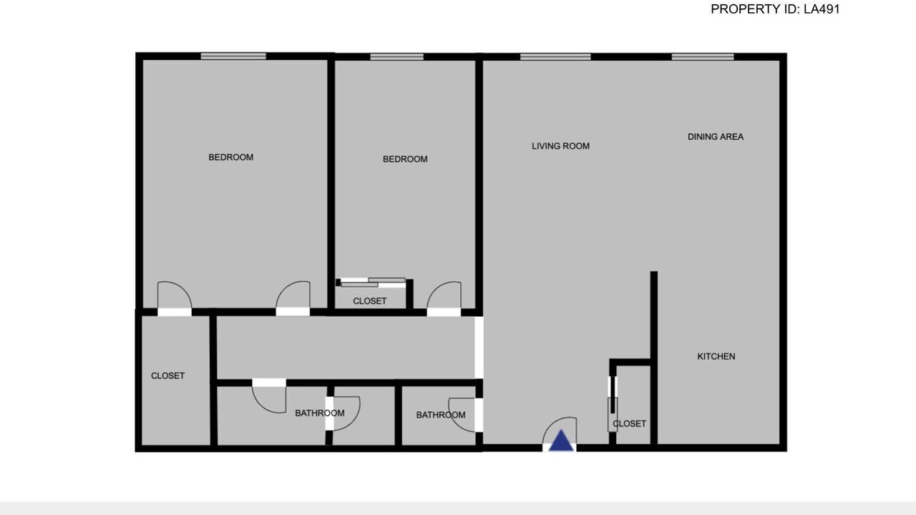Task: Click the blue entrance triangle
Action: [x=561, y=441]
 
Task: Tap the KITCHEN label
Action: [x=716, y=356]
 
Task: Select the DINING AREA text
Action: [x=715, y=137]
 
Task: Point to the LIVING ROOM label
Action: [x=560, y=146]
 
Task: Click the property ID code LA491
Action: [x=822, y=9]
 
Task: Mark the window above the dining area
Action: [x=703, y=57]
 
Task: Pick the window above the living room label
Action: [x=555, y=57]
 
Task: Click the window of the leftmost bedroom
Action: [x=233, y=57]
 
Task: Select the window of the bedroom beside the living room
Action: [x=396, y=57]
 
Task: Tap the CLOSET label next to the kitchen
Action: [x=629, y=423]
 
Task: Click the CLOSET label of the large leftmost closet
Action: [x=167, y=376]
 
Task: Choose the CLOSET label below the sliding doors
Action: [x=370, y=301]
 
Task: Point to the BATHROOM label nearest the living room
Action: [x=441, y=415]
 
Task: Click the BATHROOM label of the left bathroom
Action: [x=320, y=413]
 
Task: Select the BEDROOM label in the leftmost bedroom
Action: [x=230, y=157]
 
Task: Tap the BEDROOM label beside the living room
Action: [x=405, y=159]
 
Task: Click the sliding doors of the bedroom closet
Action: [x=371, y=283]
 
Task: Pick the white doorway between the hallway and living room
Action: [x=479, y=348]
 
